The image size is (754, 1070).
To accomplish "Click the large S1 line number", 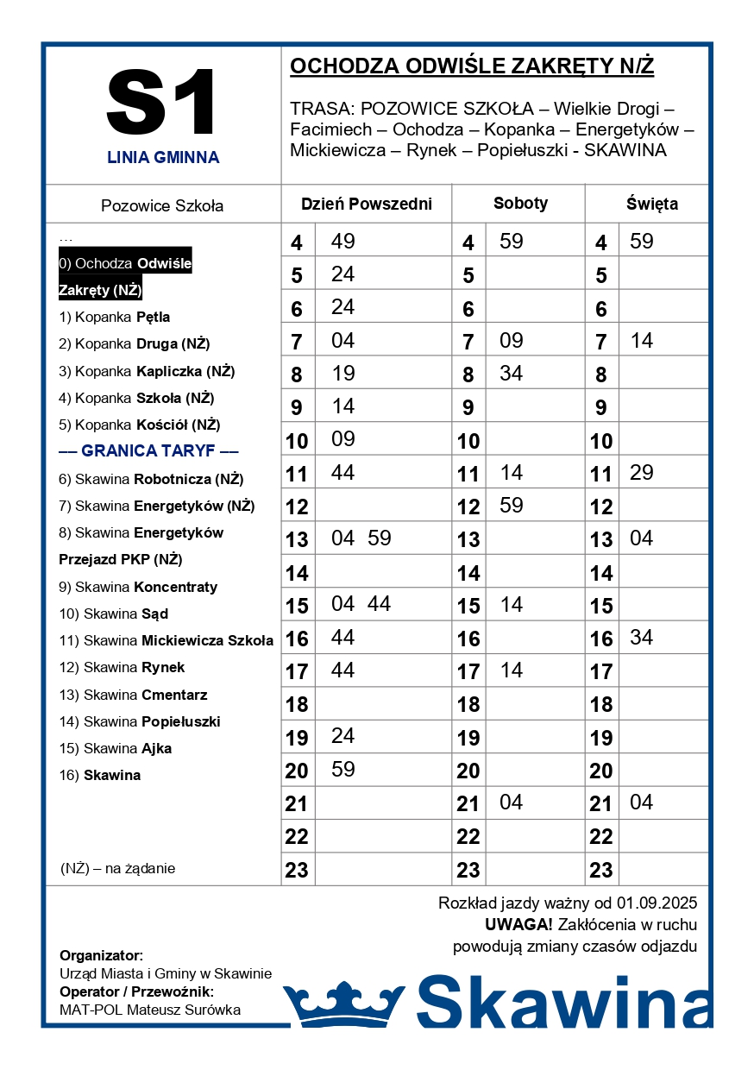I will coord(162,104).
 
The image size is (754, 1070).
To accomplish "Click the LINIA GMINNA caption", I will coord(163,158).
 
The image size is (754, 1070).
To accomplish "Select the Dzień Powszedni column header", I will coord(366,205).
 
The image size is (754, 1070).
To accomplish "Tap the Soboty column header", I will coord(520,204).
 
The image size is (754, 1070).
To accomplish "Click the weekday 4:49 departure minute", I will coord(343,242).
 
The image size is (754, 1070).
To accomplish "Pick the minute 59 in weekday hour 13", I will coord(380,538).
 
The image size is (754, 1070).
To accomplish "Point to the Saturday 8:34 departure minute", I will coord(512,374).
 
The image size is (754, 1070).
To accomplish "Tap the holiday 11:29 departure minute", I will coord(642,473).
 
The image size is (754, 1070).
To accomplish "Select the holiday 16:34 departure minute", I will coord(642,638).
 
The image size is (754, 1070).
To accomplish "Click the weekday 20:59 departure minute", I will coord(343,770).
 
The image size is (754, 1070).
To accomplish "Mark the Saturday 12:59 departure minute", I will coord(512,506).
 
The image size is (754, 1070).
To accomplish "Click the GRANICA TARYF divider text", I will coord(148,451).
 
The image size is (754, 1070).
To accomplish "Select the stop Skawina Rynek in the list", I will coord(122,668).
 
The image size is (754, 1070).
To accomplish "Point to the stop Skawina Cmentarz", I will coord(133,695).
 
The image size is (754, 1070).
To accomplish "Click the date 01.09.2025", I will coord(657,904).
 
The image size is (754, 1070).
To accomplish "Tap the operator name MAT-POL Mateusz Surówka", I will coord(150,1010).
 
